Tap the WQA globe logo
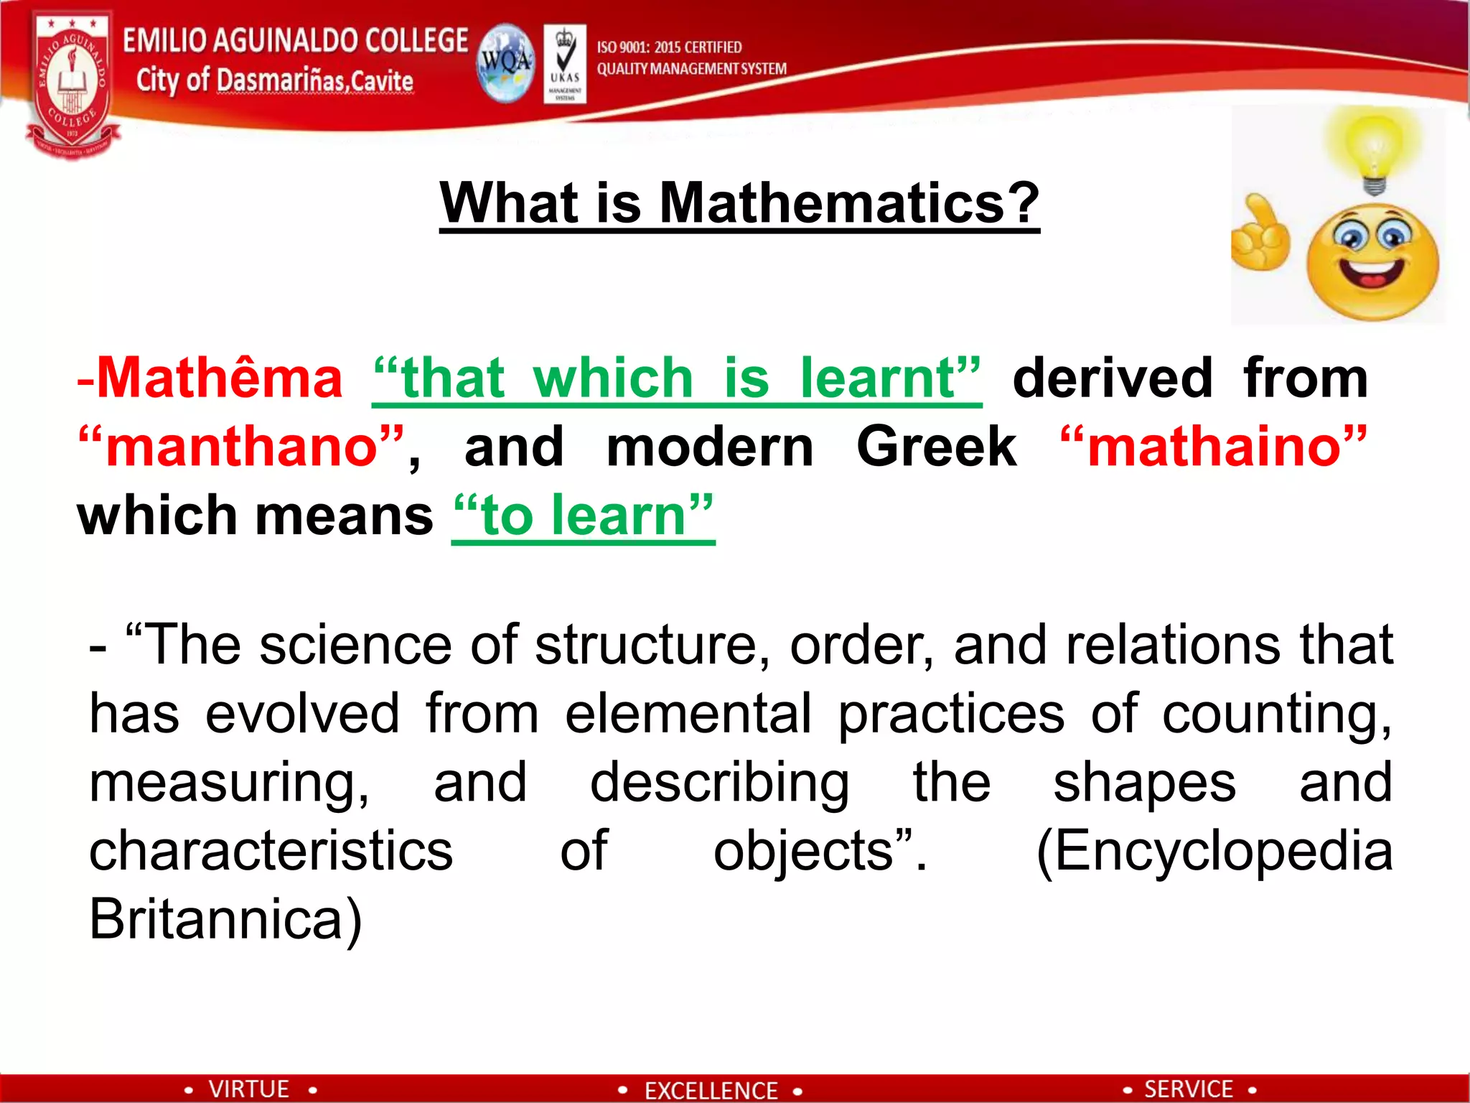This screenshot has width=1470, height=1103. [x=505, y=63]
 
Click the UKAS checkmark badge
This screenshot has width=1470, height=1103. [x=565, y=63]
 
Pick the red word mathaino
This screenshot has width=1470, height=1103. [x=1213, y=447]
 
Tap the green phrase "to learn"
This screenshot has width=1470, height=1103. [x=584, y=516]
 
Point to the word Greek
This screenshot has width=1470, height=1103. [x=936, y=447]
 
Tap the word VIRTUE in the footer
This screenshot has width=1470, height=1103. [x=249, y=1089]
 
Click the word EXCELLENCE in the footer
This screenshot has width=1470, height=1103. [x=711, y=1090]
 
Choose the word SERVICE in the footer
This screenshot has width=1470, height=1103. [x=1188, y=1089]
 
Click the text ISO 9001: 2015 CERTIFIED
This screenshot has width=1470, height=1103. [x=669, y=47]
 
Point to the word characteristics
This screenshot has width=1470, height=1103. [x=271, y=850]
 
